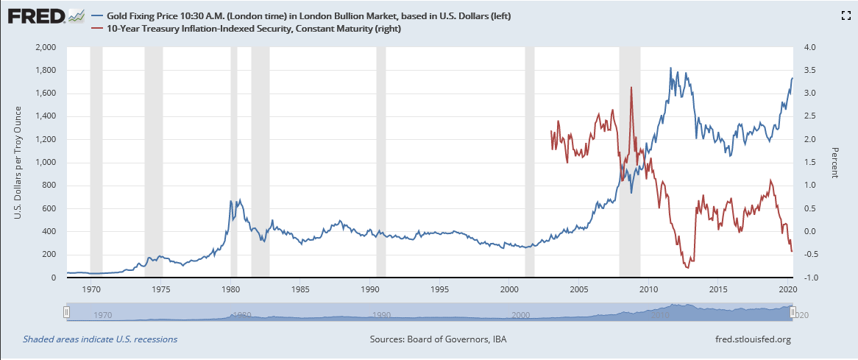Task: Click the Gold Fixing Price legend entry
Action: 309,15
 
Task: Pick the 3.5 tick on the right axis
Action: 811,71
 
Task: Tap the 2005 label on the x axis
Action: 579,289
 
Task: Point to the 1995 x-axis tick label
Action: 440,289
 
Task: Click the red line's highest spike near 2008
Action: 631,88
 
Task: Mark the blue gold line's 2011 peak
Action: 670,68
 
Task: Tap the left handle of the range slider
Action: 66,313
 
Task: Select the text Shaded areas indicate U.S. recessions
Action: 100,339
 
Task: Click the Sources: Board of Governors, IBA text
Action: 438,339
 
